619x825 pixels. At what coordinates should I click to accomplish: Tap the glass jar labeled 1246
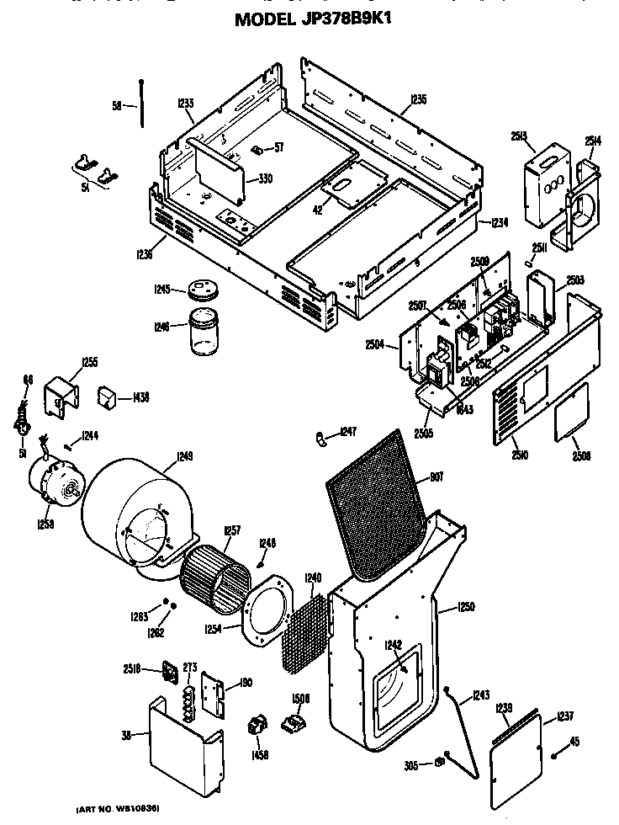tap(203, 335)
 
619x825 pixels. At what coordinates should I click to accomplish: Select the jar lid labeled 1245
tap(203, 290)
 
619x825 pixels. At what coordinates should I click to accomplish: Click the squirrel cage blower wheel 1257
tap(215, 576)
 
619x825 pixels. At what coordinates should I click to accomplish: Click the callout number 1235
tap(418, 99)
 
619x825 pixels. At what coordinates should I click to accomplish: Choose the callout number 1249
tap(184, 458)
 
